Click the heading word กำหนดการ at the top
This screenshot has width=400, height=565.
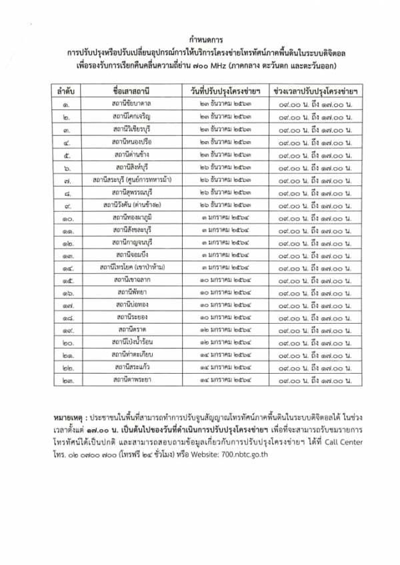[x=200, y=40]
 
